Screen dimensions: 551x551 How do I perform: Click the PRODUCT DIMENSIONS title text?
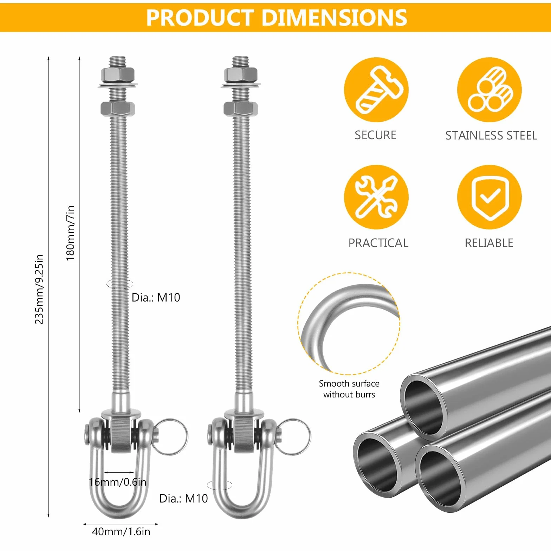click(x=277, y=18)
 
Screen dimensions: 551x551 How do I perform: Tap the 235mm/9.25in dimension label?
click(x=39, y=289)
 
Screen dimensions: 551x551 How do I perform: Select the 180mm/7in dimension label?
click(x=70, y=233)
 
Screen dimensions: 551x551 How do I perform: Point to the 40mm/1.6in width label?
click(x=121, y=531)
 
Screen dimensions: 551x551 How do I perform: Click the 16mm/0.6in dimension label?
click(x=117, y=482)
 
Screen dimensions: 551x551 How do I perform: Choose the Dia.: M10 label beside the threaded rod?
click(x=156, y=298)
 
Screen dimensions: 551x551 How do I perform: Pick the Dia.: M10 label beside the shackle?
click(x=183, y=498)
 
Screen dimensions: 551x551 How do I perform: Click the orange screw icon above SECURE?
click(x=376, y=90)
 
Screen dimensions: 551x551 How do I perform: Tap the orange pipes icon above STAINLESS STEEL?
click(x=489, y=90)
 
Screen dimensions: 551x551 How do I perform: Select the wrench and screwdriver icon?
click(x=376, y=197)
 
